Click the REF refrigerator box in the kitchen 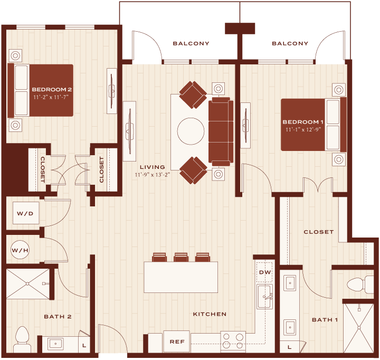[177, 342]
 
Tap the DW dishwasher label [265, 272]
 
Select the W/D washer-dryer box [26, 213]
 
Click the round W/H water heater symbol [20, 250]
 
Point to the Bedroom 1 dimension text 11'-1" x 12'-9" [303, 129]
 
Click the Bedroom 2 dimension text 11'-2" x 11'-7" [51, 97]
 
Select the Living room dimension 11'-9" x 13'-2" [153, 175]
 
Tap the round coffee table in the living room [191, 131]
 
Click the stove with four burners [233, 341]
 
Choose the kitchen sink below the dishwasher [264, 297]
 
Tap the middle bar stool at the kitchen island [181, 257]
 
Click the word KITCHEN [210, 314]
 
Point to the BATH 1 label [325, 320]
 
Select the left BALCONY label [191, 43]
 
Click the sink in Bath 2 [55, 344]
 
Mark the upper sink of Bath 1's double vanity [290, 282]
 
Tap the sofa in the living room [221, 131]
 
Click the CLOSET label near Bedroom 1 [319, 232]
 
